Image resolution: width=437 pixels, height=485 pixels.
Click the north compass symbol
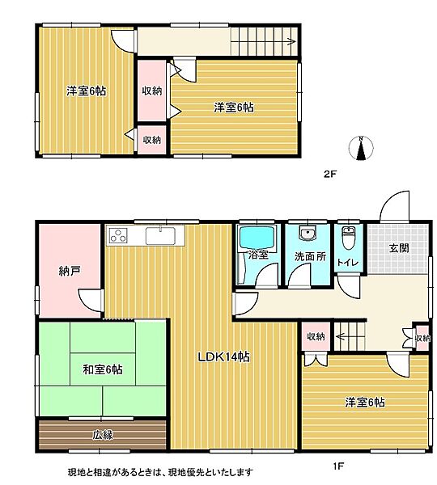pos(362,148)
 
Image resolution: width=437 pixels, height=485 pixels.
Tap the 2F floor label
pos(329,174)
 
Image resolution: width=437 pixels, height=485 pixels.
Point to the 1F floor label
pos(337,466)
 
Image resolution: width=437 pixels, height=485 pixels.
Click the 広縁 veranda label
pos(102,435)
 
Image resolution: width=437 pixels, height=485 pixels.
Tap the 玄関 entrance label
pos(398,249)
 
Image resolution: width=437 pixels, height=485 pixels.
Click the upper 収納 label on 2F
pos(151,91)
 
